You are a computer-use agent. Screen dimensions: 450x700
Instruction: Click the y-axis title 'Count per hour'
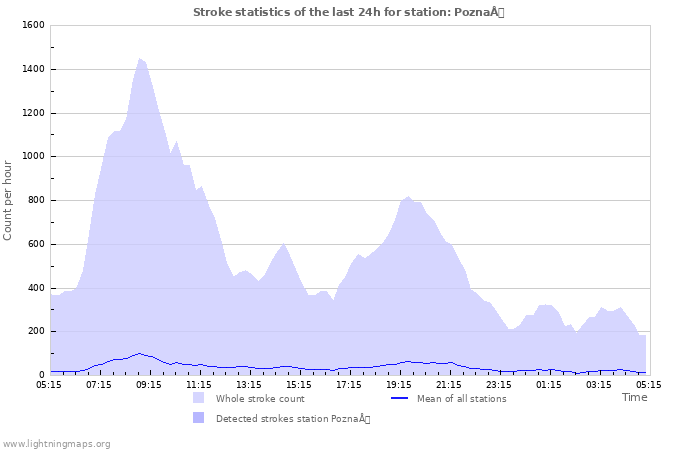9,200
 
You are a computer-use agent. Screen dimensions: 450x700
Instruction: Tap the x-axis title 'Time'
634,397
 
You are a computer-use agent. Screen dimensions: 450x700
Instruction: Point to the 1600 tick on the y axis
33,25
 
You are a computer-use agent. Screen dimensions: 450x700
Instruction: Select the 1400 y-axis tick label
33,69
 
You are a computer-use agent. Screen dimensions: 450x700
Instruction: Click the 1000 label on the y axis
33,156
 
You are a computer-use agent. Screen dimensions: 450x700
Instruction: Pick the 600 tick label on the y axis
36,244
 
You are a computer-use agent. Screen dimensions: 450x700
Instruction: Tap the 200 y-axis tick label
36,331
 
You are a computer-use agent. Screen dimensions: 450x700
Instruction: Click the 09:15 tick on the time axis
149,383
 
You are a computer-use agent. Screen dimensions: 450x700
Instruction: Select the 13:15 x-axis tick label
249,383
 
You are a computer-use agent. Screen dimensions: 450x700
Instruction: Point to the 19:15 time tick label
399,383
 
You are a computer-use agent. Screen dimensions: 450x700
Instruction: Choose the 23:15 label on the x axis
499,383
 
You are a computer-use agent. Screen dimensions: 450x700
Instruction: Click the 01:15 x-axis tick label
549,383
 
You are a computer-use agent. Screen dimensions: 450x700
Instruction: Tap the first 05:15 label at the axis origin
49,383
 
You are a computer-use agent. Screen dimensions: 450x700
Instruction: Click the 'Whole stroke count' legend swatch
199,398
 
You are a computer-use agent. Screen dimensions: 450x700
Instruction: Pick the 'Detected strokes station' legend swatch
199,418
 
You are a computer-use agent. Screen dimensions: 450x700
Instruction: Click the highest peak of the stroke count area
140,59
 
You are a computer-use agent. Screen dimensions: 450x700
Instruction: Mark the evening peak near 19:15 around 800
408,198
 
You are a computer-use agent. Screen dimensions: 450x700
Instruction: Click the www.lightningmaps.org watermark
56,443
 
